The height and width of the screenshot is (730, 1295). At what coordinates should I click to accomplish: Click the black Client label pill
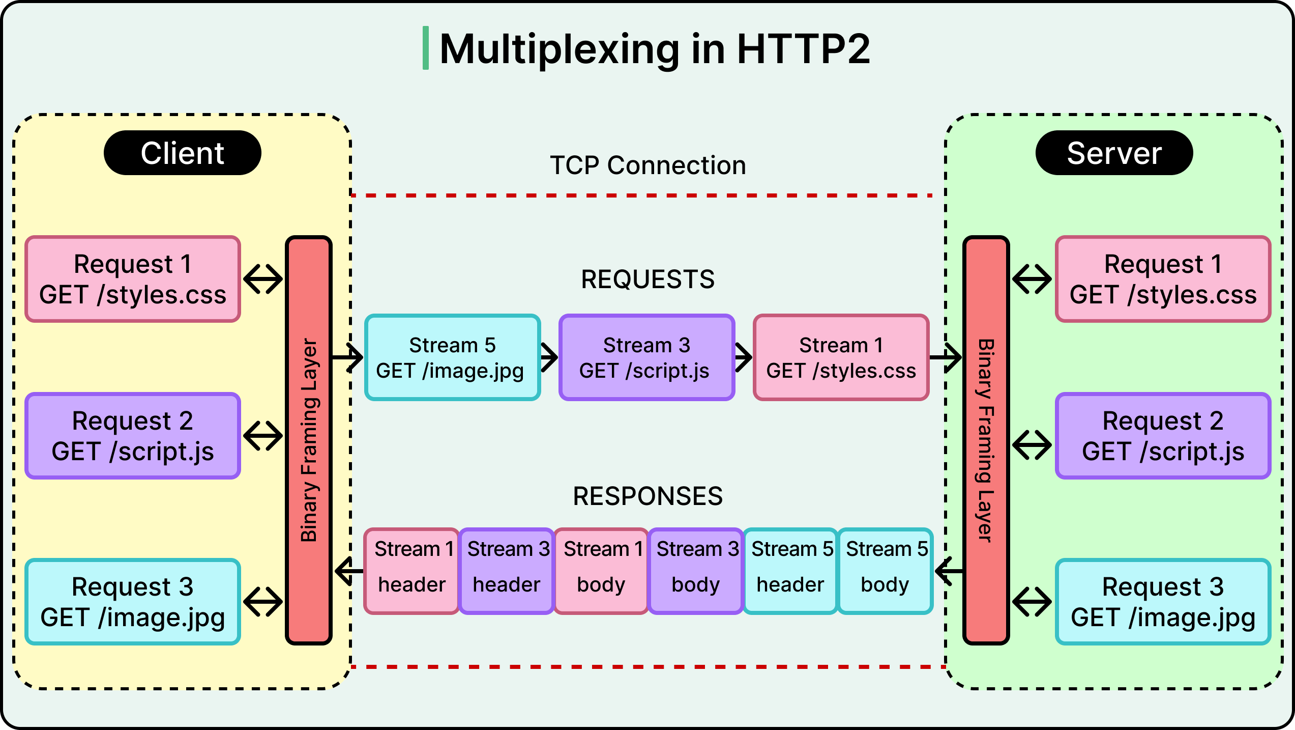coord(182,153)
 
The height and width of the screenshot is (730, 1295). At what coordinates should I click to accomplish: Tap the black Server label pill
coord(1114,153)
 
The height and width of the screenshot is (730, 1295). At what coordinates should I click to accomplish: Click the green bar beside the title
coord(426,48)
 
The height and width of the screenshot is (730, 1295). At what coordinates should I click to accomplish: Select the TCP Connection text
coord(647,165)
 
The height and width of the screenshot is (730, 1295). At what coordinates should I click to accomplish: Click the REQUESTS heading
coord(647,279)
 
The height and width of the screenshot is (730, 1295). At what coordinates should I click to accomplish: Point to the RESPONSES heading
coord(647,496)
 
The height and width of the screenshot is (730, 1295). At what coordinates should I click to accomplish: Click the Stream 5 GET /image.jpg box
coord(452,357)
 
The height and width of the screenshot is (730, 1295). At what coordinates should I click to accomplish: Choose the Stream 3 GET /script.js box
coord(646,357)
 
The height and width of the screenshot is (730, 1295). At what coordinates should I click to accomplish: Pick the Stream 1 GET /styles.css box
coord(841,357)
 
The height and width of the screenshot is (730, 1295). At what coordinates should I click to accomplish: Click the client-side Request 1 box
coord(133,279)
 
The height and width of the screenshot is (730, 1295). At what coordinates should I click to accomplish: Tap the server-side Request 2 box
coord(1163,436)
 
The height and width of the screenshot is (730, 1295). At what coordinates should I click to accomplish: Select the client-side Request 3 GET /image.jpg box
coord(133,602)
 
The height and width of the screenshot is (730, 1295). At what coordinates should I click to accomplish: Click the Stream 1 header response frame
coord(411,571)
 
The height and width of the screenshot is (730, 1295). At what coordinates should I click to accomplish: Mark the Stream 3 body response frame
coord(695,571)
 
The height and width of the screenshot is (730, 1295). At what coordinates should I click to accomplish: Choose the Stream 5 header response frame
coord(790,571)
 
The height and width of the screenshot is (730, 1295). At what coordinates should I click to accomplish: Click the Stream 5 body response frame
coord(885,571)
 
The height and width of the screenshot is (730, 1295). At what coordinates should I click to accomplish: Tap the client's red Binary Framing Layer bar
coord(309,441)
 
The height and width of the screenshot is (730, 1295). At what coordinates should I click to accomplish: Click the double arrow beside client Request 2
coord(263,436)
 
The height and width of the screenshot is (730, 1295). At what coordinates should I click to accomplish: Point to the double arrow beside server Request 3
coord(1032,602)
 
